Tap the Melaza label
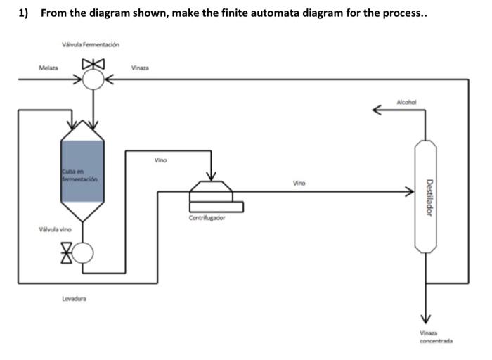(48, 67)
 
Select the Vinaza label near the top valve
(139, 67)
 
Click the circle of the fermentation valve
(93, 79)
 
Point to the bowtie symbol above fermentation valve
(93, 64)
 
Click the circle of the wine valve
(83, 252)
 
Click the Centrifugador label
(207, 218)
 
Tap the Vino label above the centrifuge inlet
(161, 160)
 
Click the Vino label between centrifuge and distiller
(299, 183)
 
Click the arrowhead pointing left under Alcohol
(378, 109)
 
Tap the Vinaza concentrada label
(436, 337)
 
